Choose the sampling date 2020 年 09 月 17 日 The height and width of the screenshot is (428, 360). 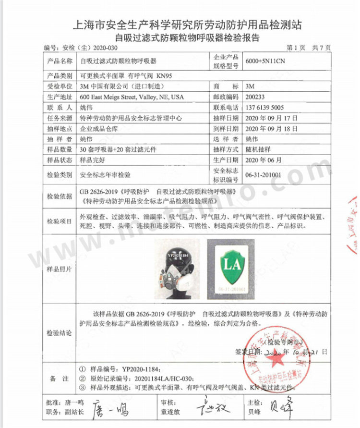[x=271, y=118]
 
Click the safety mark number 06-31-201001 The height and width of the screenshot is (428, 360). [x=264, y=175]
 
